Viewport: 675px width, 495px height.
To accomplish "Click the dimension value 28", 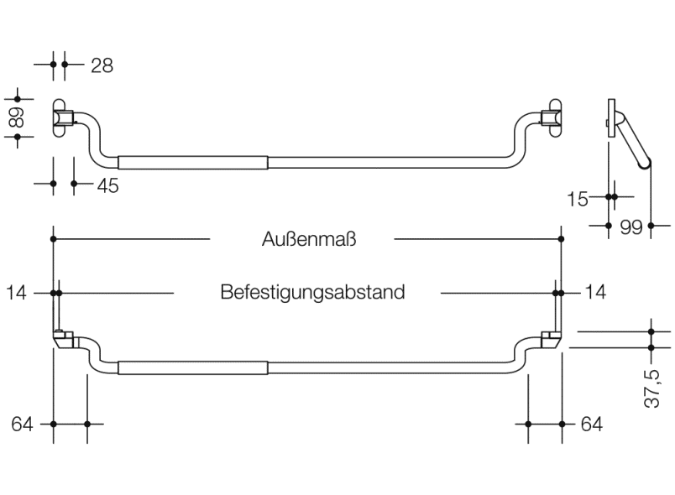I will click(x=101, y=65).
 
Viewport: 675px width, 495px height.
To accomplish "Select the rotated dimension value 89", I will click(x=17, y=117).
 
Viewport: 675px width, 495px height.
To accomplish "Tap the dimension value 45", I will click(x=107, y=185).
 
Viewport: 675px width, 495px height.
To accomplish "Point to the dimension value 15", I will click(x=577, y=198).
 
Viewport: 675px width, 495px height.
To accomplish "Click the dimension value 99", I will click(x=631, y=227).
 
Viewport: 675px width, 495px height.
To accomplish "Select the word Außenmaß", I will click(x=309, y=240).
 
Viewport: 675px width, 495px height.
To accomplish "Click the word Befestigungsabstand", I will click(x=312, y=293).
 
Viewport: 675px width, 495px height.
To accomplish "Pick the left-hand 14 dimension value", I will click(x=17, y=293).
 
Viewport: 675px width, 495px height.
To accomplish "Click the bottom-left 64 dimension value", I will click(x=23, y=425).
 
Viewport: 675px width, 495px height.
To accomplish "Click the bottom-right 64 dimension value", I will click(x=591, y=425).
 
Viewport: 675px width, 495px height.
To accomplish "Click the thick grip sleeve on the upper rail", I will click(x=192, y=163).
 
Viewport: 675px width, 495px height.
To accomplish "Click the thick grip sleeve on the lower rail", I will click(x=192, y=367).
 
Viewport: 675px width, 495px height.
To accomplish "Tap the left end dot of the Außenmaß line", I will click(x=54, y=240).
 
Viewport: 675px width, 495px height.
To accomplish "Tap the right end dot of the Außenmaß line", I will click(x=561, y=240).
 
